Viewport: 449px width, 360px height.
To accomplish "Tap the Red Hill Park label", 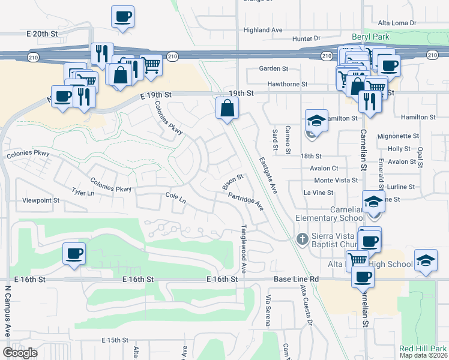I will coord(423,349).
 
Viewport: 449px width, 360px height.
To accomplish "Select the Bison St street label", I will coord(232,180).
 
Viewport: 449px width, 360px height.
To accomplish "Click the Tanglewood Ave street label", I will coord(244,250).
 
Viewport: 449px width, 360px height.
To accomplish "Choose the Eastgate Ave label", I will coord(268,175).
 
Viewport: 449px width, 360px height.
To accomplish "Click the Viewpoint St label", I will coord(40,200).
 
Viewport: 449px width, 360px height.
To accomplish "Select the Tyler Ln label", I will coord(83,193).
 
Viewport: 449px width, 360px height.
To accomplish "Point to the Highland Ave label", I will coord(262,29).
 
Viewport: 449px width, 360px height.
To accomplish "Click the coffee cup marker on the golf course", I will coord(74,253).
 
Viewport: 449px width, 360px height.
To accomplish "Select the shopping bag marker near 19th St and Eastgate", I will coord(228,109).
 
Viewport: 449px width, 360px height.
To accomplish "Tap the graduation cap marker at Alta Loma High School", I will coord(426,260).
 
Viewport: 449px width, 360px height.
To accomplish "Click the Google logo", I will coord(20,352).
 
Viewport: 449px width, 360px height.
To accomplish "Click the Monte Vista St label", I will coord(336,180).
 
